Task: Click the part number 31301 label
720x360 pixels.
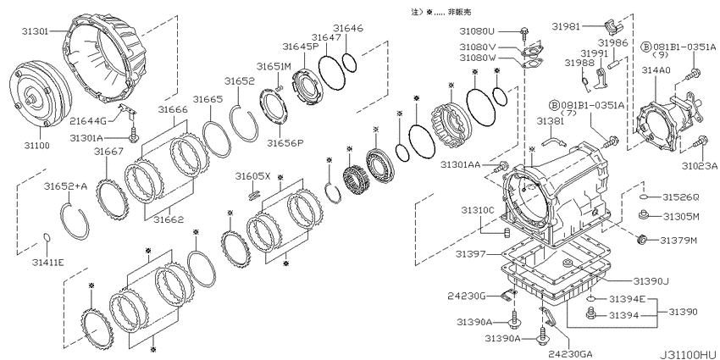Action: pyautogui.click(x=36, y=31)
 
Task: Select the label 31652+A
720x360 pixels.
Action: pyautogui.click(x=66, y=186)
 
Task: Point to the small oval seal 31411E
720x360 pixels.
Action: pyautogui.click(x=47, y=237)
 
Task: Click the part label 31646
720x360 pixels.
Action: pyautogui.click(x=348, y=28)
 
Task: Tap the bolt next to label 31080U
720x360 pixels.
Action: pyautogui.click(x=524, y=31)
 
